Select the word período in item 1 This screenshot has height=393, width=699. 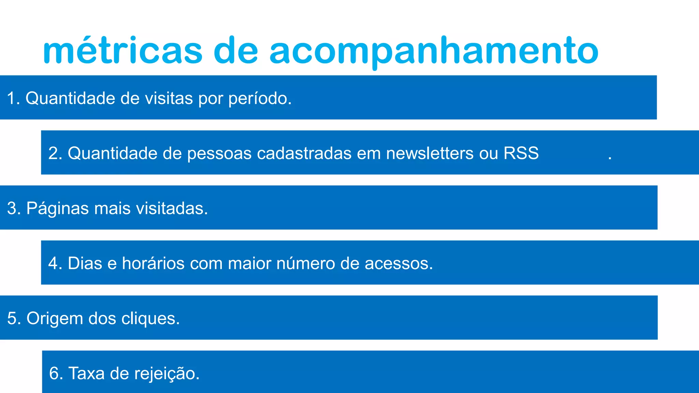260,99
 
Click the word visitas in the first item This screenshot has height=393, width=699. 169,99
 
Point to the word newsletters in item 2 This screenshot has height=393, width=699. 430,153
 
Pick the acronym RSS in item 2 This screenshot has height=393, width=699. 521,153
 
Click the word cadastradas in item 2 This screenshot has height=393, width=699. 304,153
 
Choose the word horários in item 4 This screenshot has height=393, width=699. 153,263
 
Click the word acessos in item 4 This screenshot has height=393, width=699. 399,263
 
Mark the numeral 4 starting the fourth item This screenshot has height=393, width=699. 53,263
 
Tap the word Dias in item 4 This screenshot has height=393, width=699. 85,263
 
